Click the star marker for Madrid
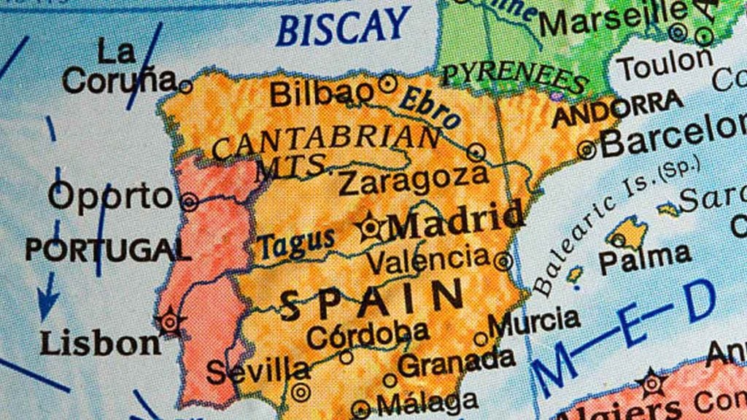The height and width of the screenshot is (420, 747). [371, 228]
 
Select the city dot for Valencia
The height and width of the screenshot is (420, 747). [503, 260]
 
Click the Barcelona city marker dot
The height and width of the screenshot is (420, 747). [587, 150]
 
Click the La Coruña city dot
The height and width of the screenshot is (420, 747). [185, 87]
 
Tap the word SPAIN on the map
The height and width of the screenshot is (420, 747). [372, 300]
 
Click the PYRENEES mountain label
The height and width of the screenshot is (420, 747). [515, 78]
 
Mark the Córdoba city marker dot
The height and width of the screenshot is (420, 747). [347, 357]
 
